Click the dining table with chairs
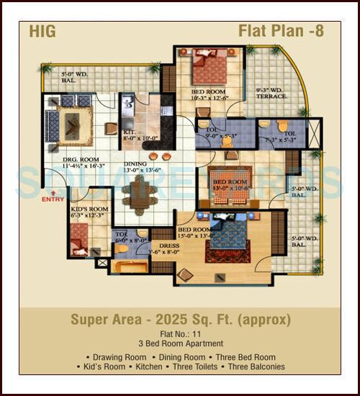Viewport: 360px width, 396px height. click(x=138, y=192)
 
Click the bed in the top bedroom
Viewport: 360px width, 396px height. click(x=210, y=69)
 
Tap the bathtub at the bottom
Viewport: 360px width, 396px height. click(x=132, y=267)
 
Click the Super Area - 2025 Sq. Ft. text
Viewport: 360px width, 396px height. click(x=180, y=319)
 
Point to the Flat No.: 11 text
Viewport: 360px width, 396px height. click(x=180, y=334)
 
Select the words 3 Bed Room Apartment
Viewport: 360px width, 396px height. click(x=180, y=344)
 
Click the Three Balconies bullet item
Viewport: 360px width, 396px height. click(x=256, y=366)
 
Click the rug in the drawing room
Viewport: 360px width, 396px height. click(x=73, y=124)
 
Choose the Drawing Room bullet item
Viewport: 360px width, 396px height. click(x=115, y=356)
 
